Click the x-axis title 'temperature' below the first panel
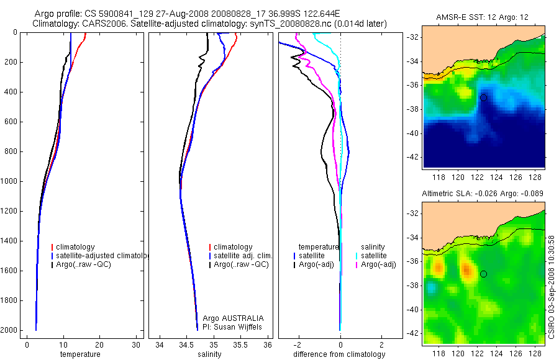pyautogui.click(x=80, y=354)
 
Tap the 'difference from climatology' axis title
pyautogui.click(x=339, y=354)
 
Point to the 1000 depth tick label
pyautogui.click(x=9, y=181)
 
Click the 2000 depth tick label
pyautogui.click(x=9, y=330)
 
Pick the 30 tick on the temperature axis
pyautogui.click(x=135, y=344)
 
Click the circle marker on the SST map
pyautogui.click(x=483, y=97)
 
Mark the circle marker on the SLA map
pyautogui.click(x=483, y=274)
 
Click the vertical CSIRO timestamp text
pyautogui.click(x=552, y=286)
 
